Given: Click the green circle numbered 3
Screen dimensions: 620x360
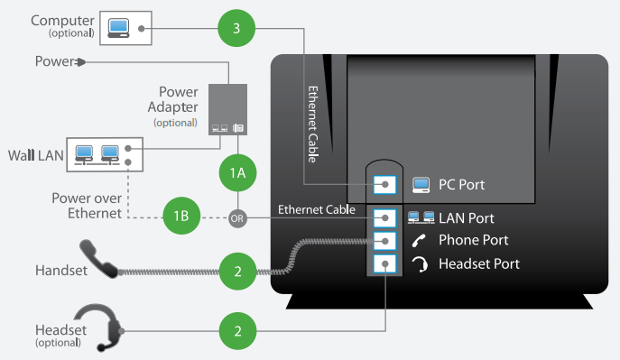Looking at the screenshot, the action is click(236, 28).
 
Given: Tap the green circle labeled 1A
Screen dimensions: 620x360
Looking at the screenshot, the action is click(237, 172).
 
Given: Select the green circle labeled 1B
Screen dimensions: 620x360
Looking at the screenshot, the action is click(181, 216).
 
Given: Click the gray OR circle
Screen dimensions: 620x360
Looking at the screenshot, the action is click(237, 218).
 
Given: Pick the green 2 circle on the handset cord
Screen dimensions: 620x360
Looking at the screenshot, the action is click(237, 272).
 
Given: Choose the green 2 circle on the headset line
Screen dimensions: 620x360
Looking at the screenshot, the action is click(237, 331).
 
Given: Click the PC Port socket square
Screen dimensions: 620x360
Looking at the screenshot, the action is click(384, 185).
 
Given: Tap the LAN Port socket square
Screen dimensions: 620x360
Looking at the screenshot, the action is click(384, 218).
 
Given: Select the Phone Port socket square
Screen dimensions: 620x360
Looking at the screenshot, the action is click(384, 241).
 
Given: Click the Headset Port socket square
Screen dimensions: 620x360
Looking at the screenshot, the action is click(384, 264).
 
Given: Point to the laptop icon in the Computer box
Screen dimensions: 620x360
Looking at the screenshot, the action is click(118, 28).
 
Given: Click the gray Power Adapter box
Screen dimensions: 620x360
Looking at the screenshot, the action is click(227, 109).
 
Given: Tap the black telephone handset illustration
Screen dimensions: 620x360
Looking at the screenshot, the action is click(98, 259).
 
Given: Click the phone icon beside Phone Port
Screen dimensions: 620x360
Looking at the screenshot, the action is click(419, 240).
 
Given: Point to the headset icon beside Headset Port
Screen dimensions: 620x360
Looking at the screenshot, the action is click(420, 264).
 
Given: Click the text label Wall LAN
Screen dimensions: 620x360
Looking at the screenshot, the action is click(35, 155).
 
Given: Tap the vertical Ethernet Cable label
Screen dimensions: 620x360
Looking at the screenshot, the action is click(313, 125).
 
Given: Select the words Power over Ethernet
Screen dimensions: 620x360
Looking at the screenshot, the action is click(87, 206).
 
